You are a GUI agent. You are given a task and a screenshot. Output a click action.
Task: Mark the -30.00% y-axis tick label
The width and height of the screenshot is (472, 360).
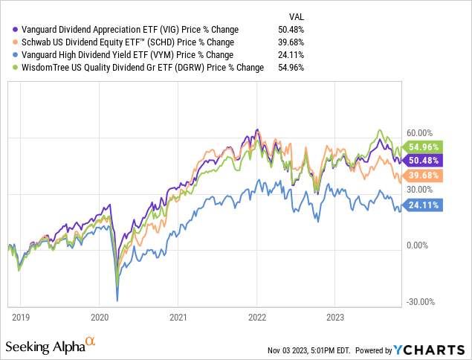click(421, 302)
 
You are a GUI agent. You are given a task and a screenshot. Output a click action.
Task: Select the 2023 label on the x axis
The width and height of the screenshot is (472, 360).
click(334, 317)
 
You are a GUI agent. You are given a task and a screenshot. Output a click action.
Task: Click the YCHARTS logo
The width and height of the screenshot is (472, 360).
click(430, 349)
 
